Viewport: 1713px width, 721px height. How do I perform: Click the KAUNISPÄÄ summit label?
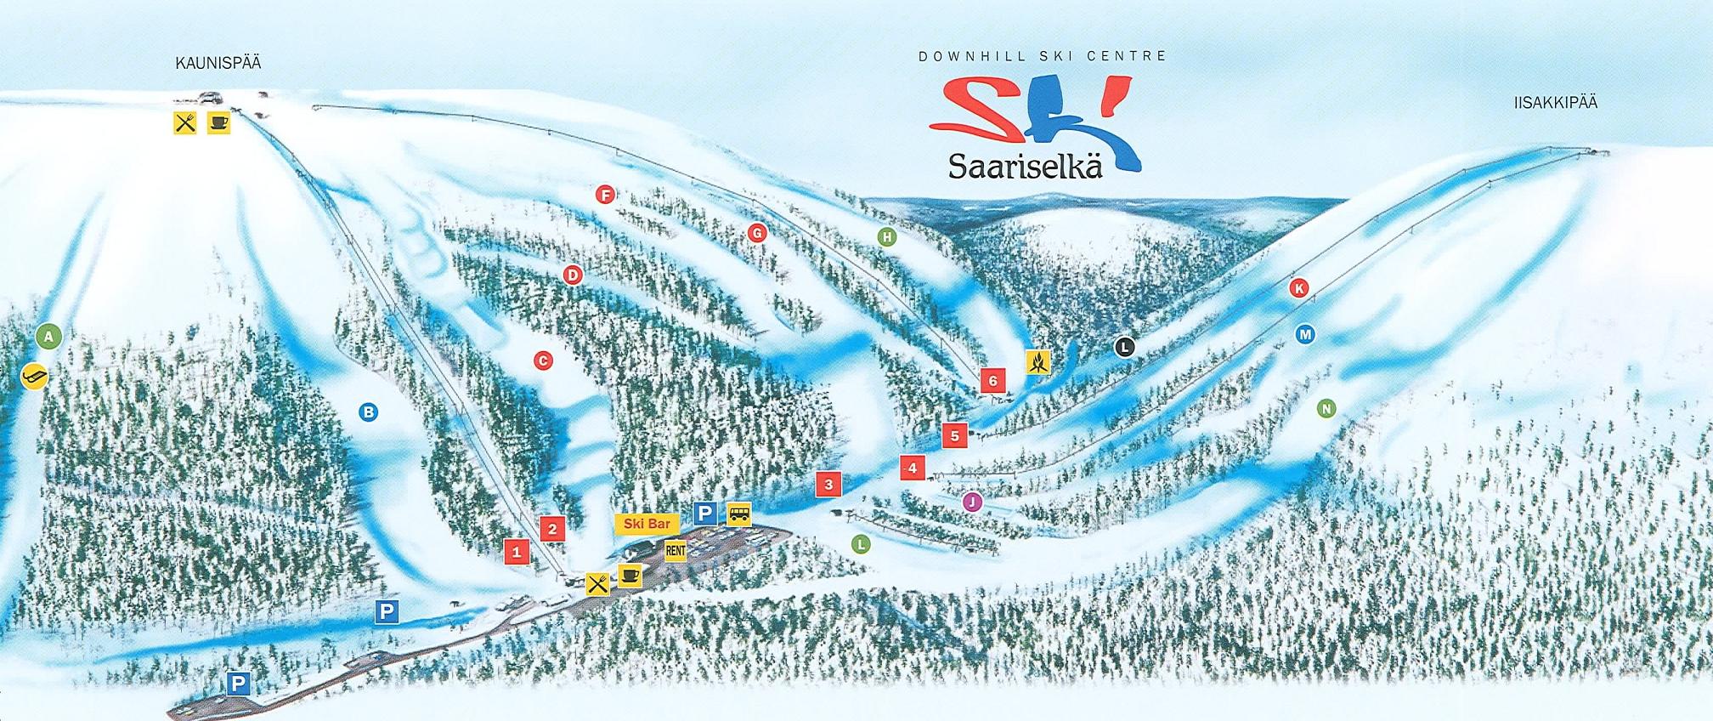pyautogui.click(x=218, y=63)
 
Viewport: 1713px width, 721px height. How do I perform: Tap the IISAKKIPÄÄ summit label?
pyautogui.click(x=1555, y=103)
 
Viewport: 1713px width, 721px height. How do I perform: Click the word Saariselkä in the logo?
pyautogui.click(x=1025, y=166)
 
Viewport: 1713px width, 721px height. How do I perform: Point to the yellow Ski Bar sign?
pyautogui.click(x=647, y=524)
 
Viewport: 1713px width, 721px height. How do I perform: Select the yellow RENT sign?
pyautogui.click(x=676, y=551)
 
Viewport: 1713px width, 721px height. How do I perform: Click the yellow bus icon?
pyautogui.click(x=739, y=514)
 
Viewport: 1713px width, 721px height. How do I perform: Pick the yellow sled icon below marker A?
pyautogui.click(x=34, y=375)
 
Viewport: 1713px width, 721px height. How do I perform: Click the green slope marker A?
pyautogui.click(x=49, y=337)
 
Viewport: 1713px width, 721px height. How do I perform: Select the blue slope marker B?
pyautogui.click(x=368, y=412)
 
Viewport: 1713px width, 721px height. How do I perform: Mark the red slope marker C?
pyautogui.click(x=543, y=360)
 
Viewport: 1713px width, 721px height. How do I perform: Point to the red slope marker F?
pyautogui.click(x=605, y=195)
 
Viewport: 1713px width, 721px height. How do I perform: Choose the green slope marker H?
pyautogui.click(x=887, y=237)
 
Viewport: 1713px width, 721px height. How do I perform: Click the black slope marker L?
pyautogui.click(x=1124, y=347)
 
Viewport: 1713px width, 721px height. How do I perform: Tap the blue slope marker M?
pyautogui.click(x=1305, y=334)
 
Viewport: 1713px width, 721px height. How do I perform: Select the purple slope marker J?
pyautogui.click(x=972, y=502)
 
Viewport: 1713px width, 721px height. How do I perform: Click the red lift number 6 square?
pyautogui.click(x=992, y=381)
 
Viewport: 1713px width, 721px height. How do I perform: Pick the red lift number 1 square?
pyautogui.click(x=516, y=552)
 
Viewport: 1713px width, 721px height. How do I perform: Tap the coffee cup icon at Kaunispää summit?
pyautogui.click(x=218, y=122)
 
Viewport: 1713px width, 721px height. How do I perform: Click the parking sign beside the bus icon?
pyautogui.click(x=705, y=514)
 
